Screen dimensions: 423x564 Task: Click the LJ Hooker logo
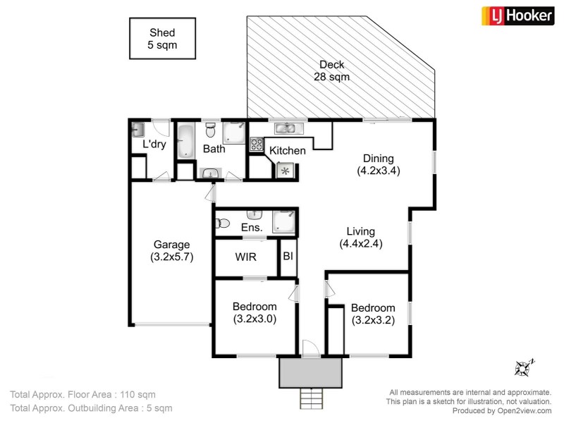tap(517, 16)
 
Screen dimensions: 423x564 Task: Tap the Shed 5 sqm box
tap(161, 39)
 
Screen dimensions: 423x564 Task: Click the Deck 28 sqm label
tap(331, 71)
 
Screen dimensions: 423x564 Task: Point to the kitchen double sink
tap(286, 128)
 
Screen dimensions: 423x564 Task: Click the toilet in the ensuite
tap(222, 223)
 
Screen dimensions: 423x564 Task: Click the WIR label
tap(245, 257)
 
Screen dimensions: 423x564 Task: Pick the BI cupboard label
tap(288, 257)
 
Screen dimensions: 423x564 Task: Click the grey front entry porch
tap(310, 372)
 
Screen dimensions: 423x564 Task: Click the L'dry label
tap(154, 145)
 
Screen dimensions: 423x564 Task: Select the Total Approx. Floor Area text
tap(82, 394)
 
